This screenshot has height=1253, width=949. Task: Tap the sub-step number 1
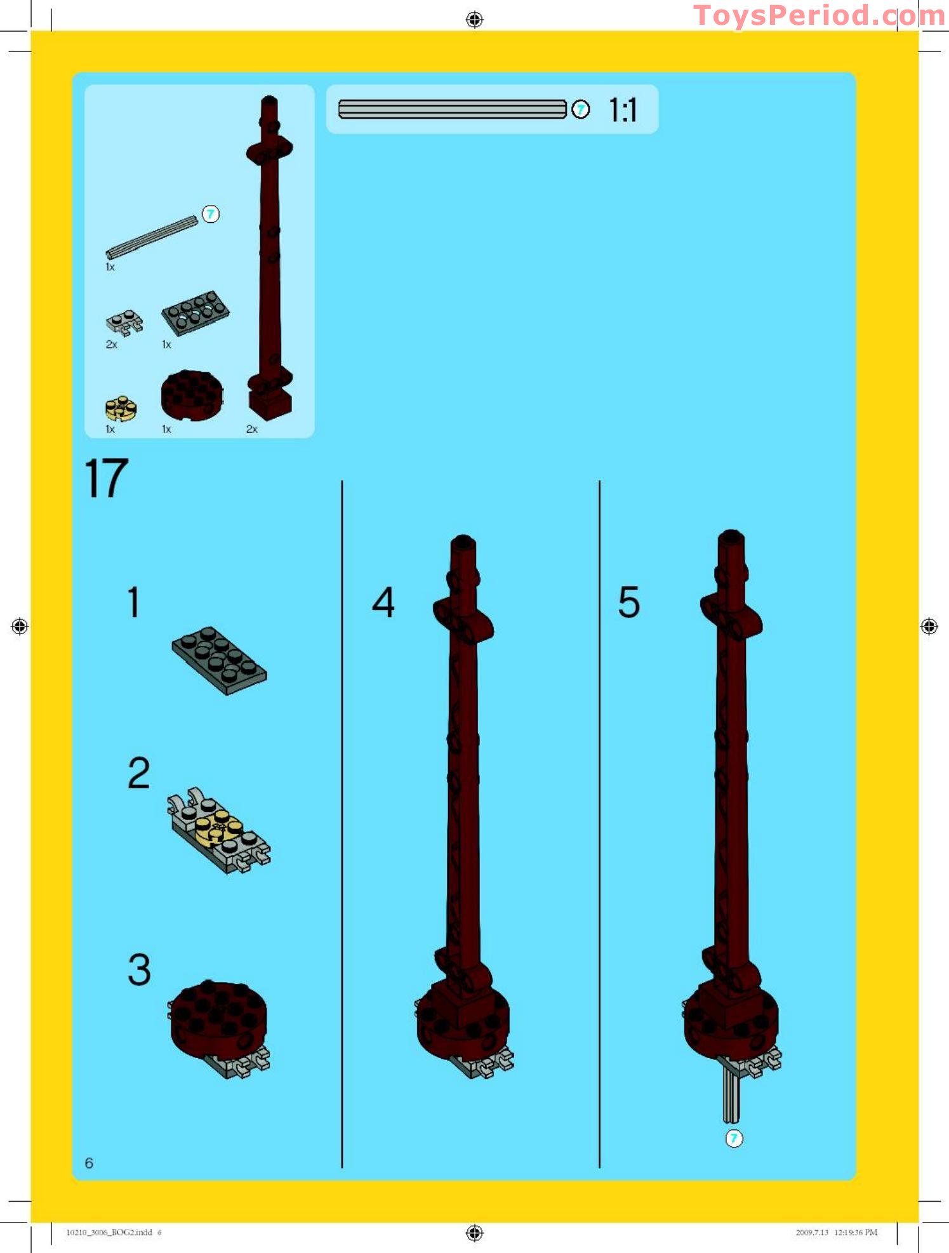(133, 602)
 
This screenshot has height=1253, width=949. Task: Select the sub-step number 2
(139, 772)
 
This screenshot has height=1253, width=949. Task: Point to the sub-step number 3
(139, 969)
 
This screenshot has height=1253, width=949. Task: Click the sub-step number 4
(383, 602)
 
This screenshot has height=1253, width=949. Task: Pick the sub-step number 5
(629, 602)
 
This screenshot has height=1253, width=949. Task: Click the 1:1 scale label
(623, 110)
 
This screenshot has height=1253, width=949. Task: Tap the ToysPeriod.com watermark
(819, 15)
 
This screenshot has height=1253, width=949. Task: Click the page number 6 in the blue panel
(89, 1163)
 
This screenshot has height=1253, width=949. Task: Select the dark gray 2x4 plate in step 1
(219, 660)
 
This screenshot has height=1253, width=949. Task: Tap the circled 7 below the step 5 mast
(734, 1138)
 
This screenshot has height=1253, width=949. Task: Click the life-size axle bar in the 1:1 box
(452, 109)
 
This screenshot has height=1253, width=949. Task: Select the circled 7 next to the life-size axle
(580, 110)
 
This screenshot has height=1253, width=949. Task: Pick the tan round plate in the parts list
(121, 408)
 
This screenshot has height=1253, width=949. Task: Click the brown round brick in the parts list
(192, 395)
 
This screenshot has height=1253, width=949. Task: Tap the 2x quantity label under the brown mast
(251, 429)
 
